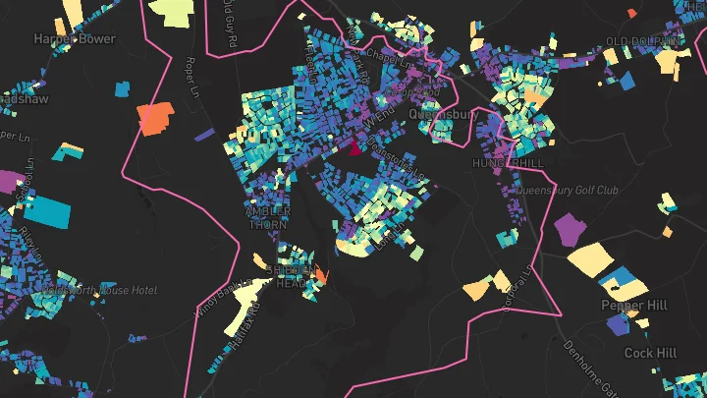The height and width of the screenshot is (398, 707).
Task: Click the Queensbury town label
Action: click(x=443, y=115)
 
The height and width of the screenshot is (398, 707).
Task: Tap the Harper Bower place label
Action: click(x=75, y=39)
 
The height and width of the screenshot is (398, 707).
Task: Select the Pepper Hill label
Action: click(x=634, y=306)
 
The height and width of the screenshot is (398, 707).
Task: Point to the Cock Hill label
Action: click(x=650, y=352)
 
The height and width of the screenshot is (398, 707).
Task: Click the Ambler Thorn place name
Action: click(x=268, y=218)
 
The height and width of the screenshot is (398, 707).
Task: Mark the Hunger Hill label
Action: click(x=508, y=162)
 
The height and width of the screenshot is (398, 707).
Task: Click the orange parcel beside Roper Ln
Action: click(x=153, y=118)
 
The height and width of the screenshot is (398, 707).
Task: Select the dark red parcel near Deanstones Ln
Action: click(x=353, y=148)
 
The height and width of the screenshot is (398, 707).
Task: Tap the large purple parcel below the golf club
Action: click(x=569, y=229)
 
